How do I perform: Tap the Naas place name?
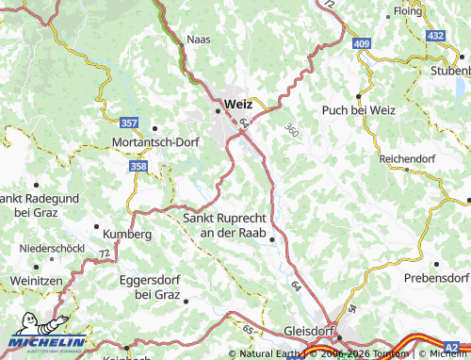[x=200, y=41]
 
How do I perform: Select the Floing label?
[x=407, y=12]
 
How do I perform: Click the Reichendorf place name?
[x=407, y=159]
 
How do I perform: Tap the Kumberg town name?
[x=126, y=234]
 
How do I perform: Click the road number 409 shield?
[x=363, y=42]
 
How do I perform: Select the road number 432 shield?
[x=435, y=35]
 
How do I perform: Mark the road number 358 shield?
[x=138, y=167]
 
